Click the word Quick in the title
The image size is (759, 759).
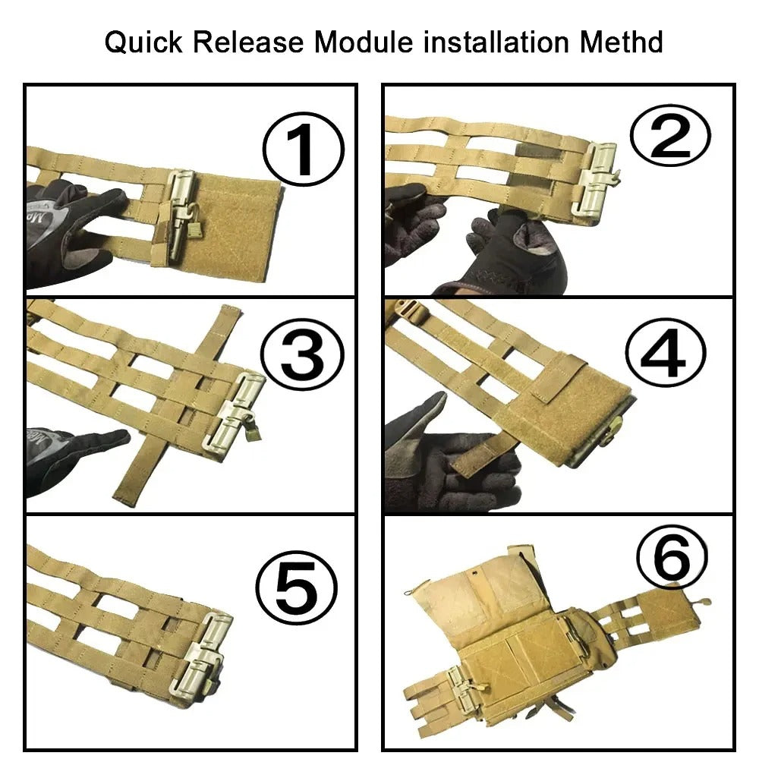click(143, 42)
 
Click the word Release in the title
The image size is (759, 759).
click(248, 42)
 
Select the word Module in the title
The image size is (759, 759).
click(364, 42)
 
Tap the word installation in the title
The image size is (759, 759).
click(496, 42)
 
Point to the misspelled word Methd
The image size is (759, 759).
click(622, 42)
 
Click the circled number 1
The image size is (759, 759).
click(304, 149)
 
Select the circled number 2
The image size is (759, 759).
click(670, 135)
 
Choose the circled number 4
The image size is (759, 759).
click(665, 354)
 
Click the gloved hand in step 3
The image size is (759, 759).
click(73, 455)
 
